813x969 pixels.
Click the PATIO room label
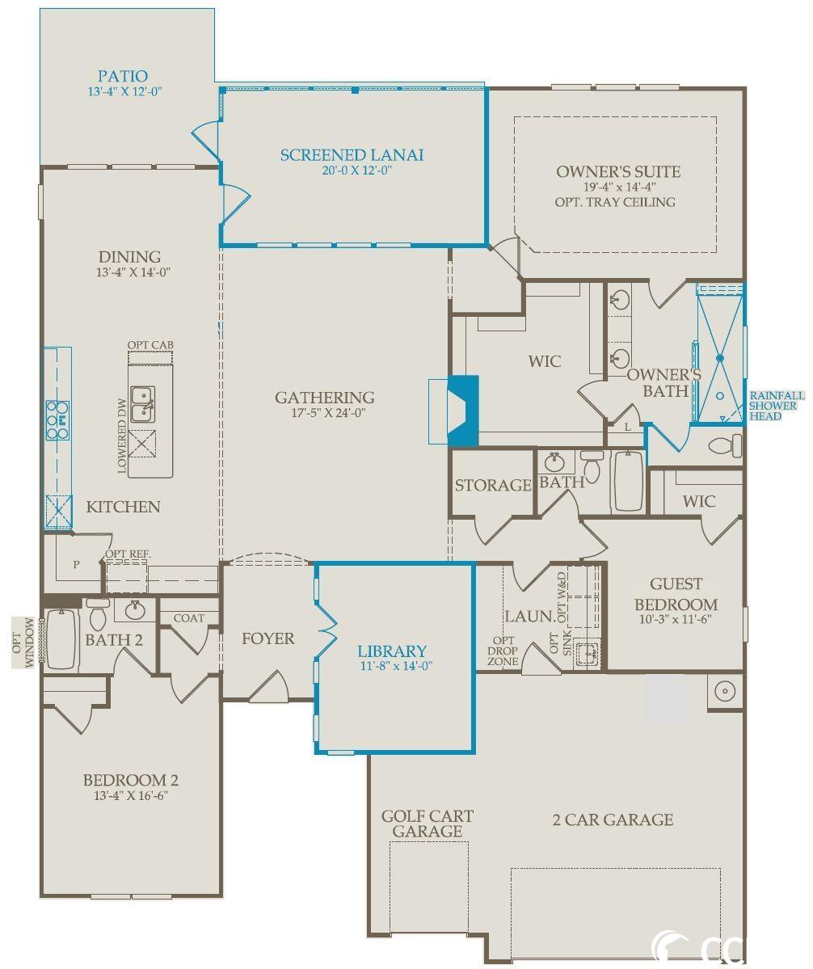pos(123,76)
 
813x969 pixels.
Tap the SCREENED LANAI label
pos(352,155)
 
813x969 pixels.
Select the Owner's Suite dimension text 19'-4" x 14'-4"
pos(619,187)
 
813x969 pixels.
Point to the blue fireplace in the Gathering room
pos(463,411)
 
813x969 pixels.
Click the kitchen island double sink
pos(143,404)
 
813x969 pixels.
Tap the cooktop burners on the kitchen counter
pos(57,421)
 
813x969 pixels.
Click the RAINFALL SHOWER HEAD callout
pos(777,406)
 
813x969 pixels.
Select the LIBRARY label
pos(392,651)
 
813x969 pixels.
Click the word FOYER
pos(267,638)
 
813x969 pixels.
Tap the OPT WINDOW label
pos(23,642)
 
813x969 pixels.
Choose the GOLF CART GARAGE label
pos(427,824)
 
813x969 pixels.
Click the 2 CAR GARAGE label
pos(613,819)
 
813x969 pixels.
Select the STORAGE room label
pos(493,485)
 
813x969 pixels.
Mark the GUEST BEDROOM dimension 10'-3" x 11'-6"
pos(676,618)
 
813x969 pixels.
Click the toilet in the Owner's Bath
pos(725,445)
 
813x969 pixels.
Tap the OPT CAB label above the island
pos(150,344)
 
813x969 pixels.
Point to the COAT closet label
pos(188,618)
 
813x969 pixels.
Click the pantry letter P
pos(76,564)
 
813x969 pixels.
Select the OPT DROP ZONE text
pos(503,651)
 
